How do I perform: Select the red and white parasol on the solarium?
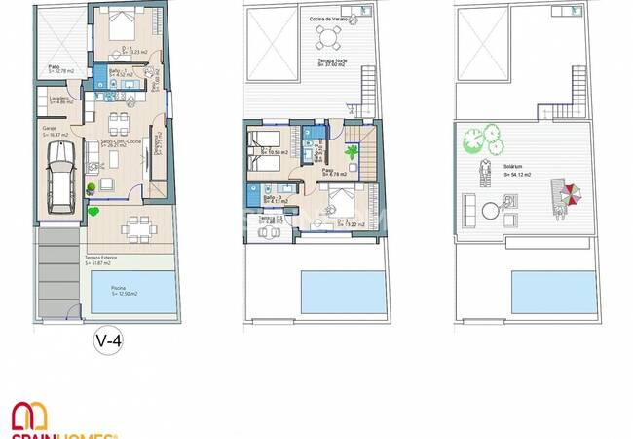(x=569, y=195)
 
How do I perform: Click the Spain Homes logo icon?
(x=28, y=417)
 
